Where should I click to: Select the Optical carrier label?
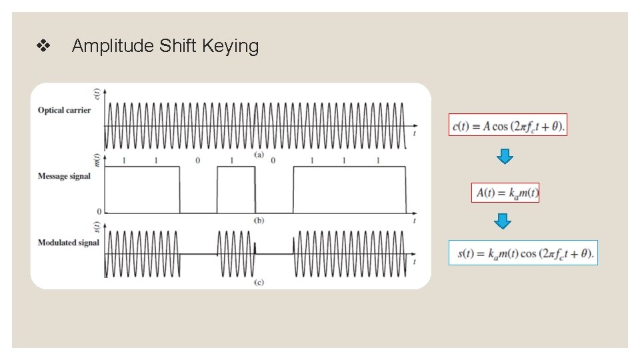click(64, 110)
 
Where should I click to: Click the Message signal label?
click(64, 176)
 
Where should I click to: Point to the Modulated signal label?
click(68, 243)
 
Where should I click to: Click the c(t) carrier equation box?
click(508, 125)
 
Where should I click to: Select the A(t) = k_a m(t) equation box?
click(505, 193)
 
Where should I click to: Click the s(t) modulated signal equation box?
click(523, 253)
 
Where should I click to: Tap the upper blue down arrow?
click(505, 157)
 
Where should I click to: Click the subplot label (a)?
click(259, 155)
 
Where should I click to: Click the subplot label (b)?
click(259, 220)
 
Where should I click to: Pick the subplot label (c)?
click(259, 282)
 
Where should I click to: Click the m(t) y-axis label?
click(98, 160)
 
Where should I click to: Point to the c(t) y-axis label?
click(98, 95)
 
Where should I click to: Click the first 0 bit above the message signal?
click(197, 161)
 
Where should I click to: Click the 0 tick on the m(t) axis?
click(99, 212)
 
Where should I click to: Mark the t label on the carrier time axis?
click(415, 133)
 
